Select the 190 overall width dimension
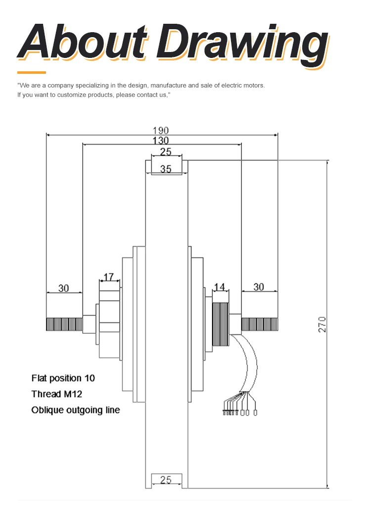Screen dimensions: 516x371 161,131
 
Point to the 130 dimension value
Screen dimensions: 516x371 161,140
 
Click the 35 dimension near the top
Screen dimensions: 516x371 166,169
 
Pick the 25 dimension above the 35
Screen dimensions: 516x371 166,152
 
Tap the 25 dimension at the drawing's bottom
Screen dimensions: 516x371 166,479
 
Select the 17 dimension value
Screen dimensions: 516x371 109,276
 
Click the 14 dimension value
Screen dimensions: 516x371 220,287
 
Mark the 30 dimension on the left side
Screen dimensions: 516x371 64,288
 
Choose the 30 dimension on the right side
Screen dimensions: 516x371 259,287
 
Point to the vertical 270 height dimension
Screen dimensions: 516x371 323,324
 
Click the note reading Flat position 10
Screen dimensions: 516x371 63,378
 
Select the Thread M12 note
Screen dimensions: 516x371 56,394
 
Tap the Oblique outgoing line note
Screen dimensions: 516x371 75,410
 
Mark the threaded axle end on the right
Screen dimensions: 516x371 259,324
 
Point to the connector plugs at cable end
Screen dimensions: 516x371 239,411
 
